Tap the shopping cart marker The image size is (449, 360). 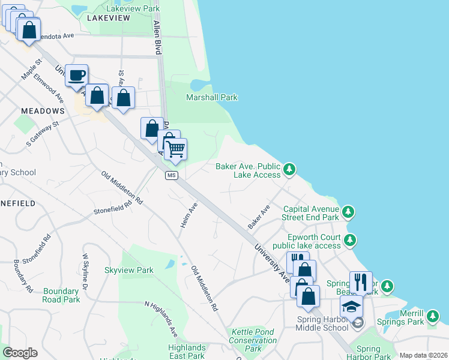pyautogui.click(x=175, y=149)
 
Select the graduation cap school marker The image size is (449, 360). pyautogui.click(x=351, y=307)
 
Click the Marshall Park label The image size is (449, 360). pyautogui.click(x=211, y=97)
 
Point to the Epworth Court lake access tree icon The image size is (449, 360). pyautogui.click(x=350, y=241)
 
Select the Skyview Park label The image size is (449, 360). pyautogui.click(x=129, y=271)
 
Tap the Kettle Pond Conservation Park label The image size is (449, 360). pyautogui.click(x=253, y=340)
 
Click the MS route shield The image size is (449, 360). pyautogui.click(x=172, y=175)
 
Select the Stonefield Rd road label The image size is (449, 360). pyautogui.click(x=112, y=208)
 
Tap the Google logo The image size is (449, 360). pyautogui.click(x=20, y=353)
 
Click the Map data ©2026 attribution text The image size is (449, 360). pyautogui.click(x=423, y=355)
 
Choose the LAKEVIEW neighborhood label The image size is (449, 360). pyautogui.click(x=108, y=19)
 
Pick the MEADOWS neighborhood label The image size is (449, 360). pyautogui.click(x=43, y=111)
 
